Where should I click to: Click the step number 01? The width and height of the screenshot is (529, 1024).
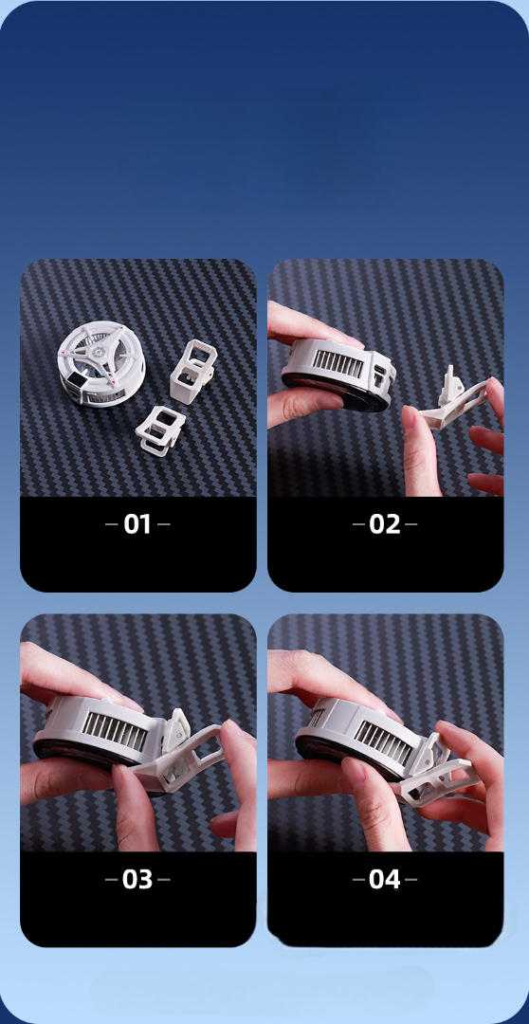coord(137,524)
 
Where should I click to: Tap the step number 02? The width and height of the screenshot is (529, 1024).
coord(385,524)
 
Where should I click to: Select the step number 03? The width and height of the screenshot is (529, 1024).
coord(137,880)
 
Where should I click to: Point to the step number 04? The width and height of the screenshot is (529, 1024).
coord(385,880)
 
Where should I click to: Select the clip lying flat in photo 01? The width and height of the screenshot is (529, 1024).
coord(159,427)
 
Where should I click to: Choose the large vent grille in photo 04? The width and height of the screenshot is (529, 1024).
coord(385,738)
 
